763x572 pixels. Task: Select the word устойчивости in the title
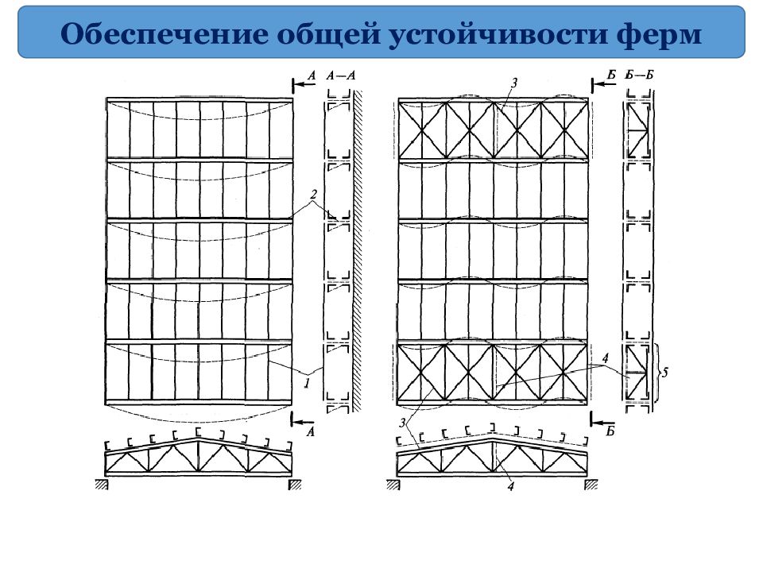coord(498,34)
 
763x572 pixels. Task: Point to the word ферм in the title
coord(659,34)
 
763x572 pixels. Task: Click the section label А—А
coord(341,75)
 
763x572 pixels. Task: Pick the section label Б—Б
coord(639,75)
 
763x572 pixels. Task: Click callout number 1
coord(307,383)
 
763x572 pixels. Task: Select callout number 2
coord(313,195)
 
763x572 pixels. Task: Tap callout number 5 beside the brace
coord(665,372)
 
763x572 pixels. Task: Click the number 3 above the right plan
coord(514,83)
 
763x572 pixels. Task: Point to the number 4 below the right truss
coord(510,486)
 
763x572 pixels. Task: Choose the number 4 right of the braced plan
coord(605,358)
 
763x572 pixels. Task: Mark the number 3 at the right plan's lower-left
coord(402,423)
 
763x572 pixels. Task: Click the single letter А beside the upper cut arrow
coord(312,75)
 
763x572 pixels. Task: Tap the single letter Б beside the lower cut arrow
coord(610,431)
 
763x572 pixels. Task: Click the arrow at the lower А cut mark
coord(303,421)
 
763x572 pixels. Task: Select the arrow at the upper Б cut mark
coord(603,83)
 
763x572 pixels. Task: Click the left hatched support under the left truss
coord(101,484)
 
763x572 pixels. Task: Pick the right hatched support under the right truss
coord(591,484)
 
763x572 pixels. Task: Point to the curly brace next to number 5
coord(658,373)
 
